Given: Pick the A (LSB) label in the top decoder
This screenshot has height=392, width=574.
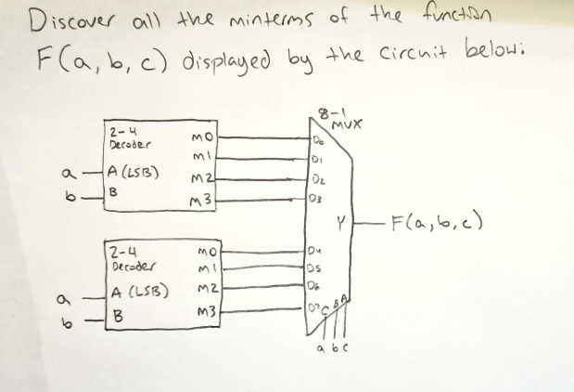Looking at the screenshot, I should (136, 170).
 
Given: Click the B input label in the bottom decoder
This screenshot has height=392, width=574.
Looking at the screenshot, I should (115, 313).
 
